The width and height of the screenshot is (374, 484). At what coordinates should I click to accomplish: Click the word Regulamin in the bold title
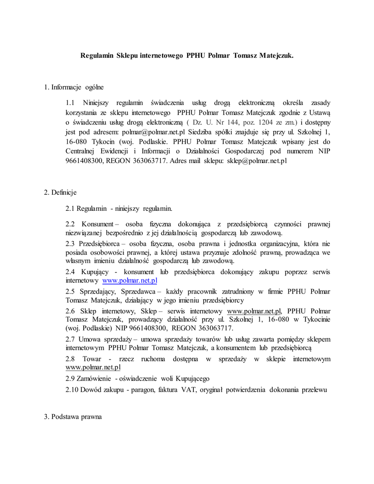[97, 55]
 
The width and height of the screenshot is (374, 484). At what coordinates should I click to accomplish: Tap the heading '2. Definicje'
[60, 192]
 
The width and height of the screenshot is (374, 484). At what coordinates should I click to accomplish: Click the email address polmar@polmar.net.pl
[153, 132]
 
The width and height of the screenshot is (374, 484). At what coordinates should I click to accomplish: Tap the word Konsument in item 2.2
[97, 224]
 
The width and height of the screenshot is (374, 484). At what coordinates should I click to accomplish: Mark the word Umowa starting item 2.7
[89, 339]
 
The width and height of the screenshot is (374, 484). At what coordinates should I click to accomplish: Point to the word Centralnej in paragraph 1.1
[81, 151]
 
